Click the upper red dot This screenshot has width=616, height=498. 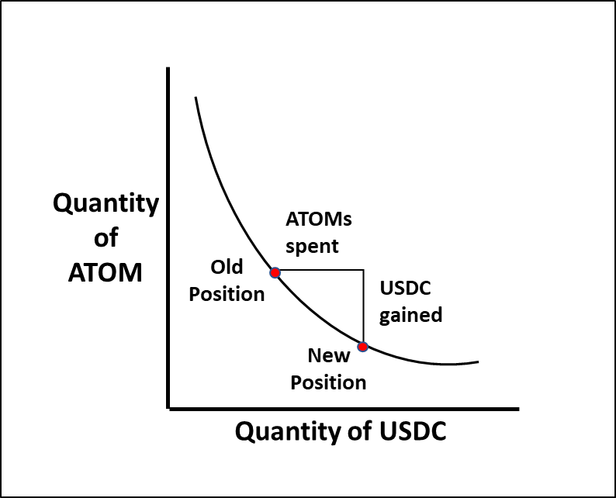(275, 272)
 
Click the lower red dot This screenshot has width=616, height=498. (362, 347)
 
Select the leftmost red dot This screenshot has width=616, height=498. (275, 272)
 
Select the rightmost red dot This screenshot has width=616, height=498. (362, 347)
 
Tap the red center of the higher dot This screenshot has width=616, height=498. (275, 272)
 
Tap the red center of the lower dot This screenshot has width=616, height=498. (362, 347)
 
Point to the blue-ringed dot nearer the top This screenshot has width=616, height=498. (275, 272)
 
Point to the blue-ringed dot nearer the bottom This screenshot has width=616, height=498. (362, 347)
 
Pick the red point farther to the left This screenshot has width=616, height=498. (275, 272)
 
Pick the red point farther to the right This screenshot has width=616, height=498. (362, 347)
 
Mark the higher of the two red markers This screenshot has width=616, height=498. (275, 272)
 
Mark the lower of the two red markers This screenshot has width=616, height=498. (362, 347)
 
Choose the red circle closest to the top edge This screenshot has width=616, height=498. (275, 272)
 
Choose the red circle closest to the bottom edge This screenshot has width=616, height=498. (362, 347)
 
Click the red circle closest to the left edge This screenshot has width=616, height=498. (275, 272)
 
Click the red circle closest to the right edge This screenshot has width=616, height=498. (362, 347)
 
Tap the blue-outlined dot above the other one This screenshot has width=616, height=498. (275, 272)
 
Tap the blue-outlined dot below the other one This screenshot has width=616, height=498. (362, 347)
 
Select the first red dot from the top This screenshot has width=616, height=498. (275, 272)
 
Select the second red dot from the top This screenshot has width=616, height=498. (362, 347)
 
